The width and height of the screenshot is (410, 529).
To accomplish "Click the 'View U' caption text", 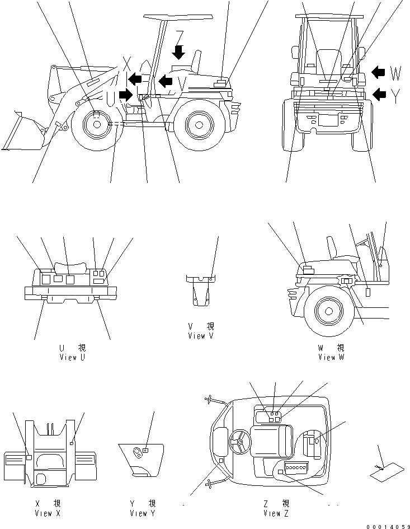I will click(72, 357).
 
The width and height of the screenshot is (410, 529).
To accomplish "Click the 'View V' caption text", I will click(200, 336).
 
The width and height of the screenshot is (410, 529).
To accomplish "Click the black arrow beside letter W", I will click(379, 72).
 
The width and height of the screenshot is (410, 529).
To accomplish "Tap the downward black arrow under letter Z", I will click(178, 53).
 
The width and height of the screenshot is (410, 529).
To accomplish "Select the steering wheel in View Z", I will click(240, 442).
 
